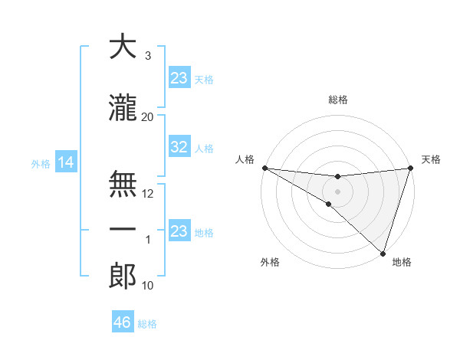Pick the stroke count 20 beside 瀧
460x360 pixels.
pyautogui.click(x=148, y=116)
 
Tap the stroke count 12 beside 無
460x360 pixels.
pyautogui.click(x=148, y=194)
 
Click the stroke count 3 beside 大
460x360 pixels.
pyautogui.click(x=148, y=56)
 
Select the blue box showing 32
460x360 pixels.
pyautogui.click(x=179, y=147)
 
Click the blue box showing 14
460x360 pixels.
pyautogui.click(x=66, y=162)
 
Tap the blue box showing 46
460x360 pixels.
pyautogui.click(x=123, y=322)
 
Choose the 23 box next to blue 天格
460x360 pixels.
pyautogui.click(x=179, y=77)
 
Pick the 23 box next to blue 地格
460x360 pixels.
pyautogui.click(x=179, y=231)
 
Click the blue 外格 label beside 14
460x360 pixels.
pyautogui.click(x=41, y=163)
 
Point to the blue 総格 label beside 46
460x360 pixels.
pyautogui.click(x=147, y=323)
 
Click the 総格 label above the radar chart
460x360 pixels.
pyautogui.click(x=338, y=100)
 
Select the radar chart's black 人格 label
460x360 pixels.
pyautogui.click(x=245, y=159)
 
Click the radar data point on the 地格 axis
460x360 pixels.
pyautogui.click(x=383, y=253)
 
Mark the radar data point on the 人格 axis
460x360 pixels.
pyautogui.click(x=264, y=168)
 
